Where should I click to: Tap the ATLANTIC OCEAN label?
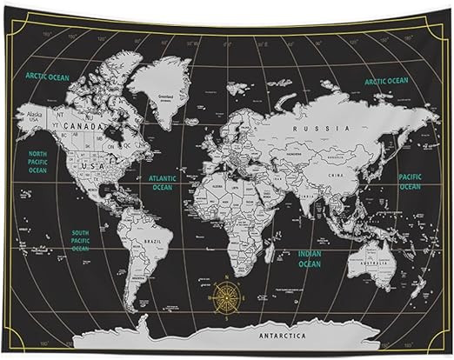click(163, 182)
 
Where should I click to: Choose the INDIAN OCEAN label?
click(309, 258)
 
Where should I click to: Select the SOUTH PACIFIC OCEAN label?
click(80, 241)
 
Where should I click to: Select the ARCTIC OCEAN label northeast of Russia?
click(386, 81)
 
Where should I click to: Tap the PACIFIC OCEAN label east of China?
click(410, 181)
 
